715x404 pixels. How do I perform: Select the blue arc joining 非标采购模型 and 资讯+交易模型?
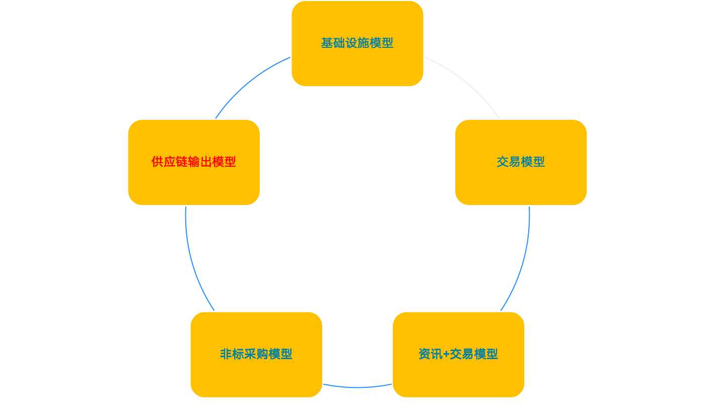coord(357,387)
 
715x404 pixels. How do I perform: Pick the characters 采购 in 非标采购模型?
coord(256,354)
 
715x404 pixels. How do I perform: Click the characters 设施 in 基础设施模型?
coord(357,43)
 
